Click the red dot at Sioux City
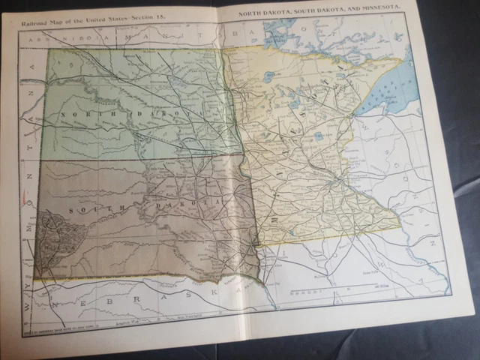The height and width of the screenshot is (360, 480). click(261, 282)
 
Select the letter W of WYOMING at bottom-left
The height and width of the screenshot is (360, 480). click(28, 307)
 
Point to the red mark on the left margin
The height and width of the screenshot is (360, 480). click(25, 201)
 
